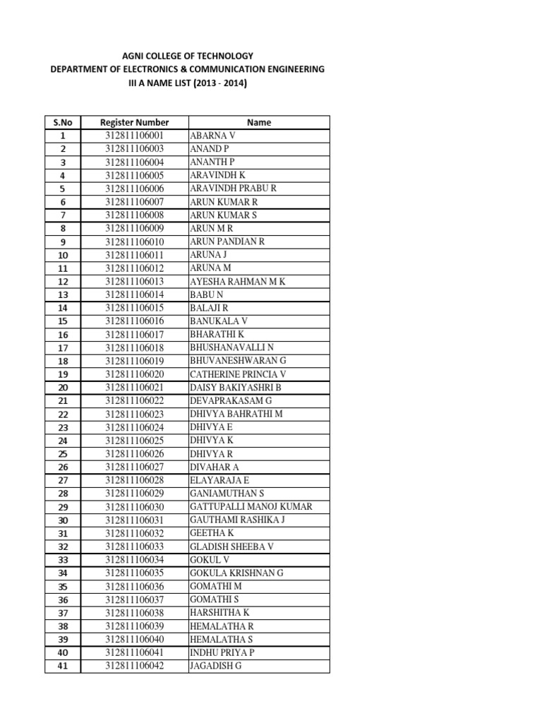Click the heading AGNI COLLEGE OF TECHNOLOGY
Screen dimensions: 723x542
(187, 56)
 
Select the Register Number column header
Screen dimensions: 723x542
(134, 122)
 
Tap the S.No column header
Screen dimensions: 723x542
(63, 122)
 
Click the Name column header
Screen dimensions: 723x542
(259, 122)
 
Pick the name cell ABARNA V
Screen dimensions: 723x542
(212, 136)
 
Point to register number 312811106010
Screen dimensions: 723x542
(134, 241)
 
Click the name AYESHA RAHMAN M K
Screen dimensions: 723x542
(237, 281)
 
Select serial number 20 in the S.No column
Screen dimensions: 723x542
(63, 388)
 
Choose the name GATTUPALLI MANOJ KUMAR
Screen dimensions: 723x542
(251, 507)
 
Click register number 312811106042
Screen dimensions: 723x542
(134, 666)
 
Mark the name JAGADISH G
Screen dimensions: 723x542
(215, 666)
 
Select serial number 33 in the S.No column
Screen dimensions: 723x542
(63, 560)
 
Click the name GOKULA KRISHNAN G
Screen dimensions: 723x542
(236, 573)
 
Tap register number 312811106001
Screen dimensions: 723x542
(134, 136)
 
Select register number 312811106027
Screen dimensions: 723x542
(134, 467)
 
